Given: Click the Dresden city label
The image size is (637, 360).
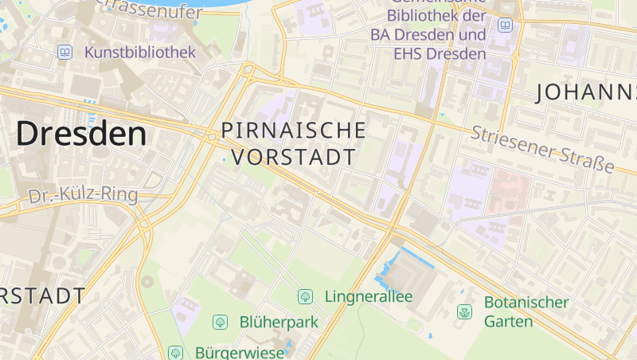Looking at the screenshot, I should tap(81, 133).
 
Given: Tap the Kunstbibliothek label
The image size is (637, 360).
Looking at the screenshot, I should tap(139, 53).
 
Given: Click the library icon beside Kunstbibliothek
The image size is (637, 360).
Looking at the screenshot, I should tap(64, 53).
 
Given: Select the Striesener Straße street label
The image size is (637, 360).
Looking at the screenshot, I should tap(542, 149).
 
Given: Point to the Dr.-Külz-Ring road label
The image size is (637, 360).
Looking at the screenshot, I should tap(83, 195).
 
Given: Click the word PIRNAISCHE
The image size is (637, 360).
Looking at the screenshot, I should tap(294, 130).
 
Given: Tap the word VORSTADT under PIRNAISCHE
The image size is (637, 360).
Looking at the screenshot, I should tap(295, 156).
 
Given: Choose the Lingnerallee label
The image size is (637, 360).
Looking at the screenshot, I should tap(369, 296).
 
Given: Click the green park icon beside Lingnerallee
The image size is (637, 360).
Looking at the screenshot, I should tap(305, 296).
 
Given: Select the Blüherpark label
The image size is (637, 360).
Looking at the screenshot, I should tap(279, 323).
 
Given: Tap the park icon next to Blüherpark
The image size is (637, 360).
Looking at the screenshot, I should tap(220, 323).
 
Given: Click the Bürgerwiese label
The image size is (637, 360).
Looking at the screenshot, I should tap(239, 352).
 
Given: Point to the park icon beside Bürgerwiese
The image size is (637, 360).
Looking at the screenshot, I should tap(176, 352).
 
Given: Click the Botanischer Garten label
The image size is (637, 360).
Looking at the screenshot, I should tap(526, 311).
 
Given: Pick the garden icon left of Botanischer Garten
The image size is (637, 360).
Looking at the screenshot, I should tap(464, 311).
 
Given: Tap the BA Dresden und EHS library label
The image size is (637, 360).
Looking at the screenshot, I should tap(428, 36).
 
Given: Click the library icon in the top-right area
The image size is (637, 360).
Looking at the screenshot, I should tap(505, 25).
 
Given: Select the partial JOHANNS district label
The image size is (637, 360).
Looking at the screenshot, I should tap(586, 92).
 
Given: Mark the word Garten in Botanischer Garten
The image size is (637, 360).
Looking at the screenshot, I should tap(509, 322).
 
